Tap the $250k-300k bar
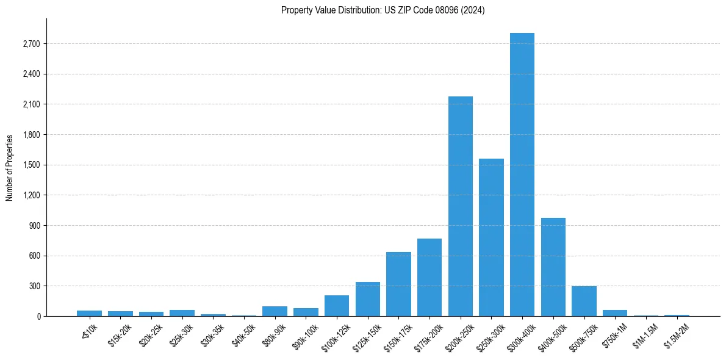pyautogui.click(x=491, y=237)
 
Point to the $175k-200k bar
pyautogui.click(x=429, y=277)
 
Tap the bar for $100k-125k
pyautogui.click(x=337, y=306)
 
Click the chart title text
pyautogui.click(x=383, y=10)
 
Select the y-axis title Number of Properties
pyautogui.click(x=10, y=167)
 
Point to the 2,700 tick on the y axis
pyautogui.click(x=30, y=44)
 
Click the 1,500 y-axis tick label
pyautogui.click(x=30, y=165)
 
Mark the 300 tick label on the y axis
pyautogui.click(x=34, y=286)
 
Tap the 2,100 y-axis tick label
pyautogui.click(x=30, y=104)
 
